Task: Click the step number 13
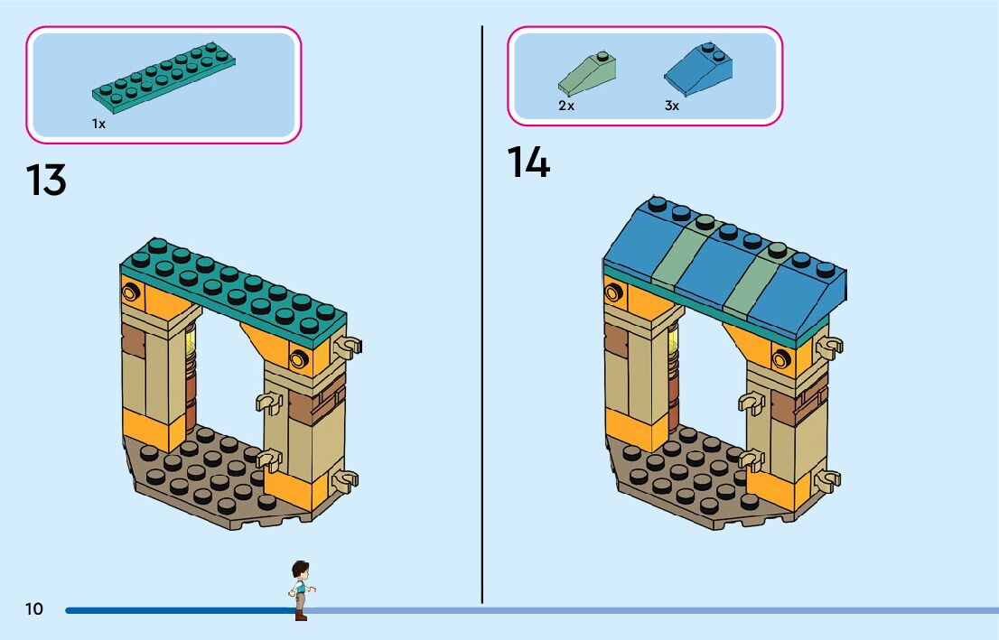click(47, 180)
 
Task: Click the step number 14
click(528, 162)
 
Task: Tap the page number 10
click(34, 609)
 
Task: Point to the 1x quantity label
click(98, 124)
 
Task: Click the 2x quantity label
click(566, 106)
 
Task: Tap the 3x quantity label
click(672, 106)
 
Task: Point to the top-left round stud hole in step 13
click(132, 291)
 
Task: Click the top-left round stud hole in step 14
click(614, 292)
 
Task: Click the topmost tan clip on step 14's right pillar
click(828, 344)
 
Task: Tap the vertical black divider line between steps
click(482, 316)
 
